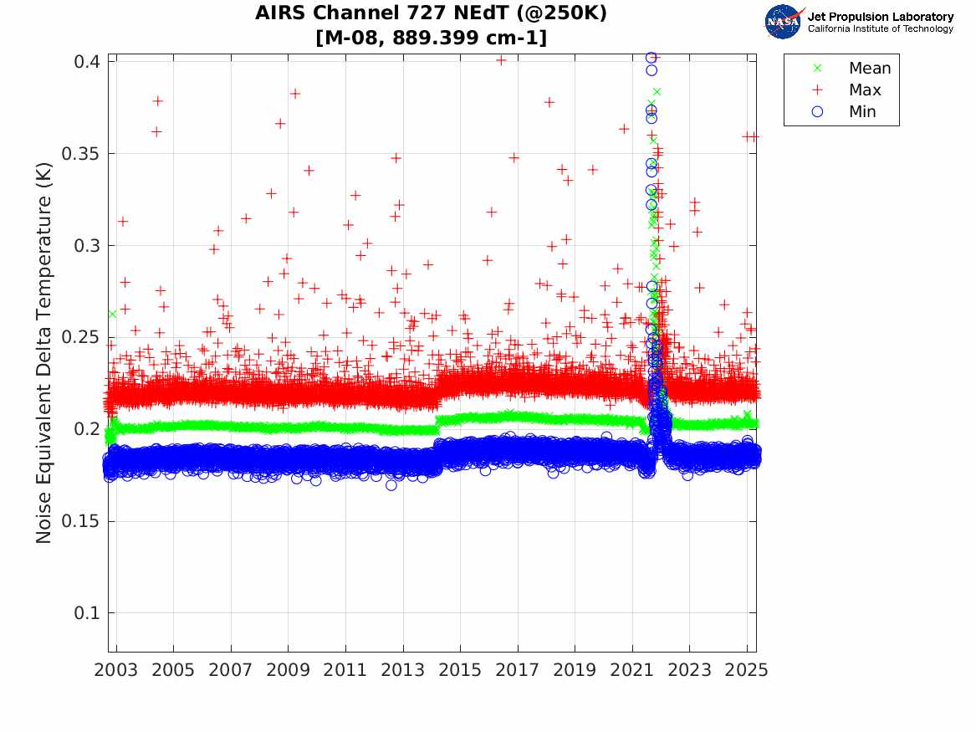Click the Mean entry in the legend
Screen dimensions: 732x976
(x=869, y=69)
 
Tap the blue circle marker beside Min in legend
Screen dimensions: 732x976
(x=818, y=112)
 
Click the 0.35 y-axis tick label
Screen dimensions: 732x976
(x=79, y=154)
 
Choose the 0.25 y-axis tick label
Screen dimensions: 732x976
(x=79, y=338)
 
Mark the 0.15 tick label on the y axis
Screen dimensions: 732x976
(x=79, y=522)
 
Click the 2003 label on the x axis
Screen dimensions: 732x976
(x=116, y=671)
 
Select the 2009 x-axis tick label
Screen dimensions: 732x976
(x=289, y=671)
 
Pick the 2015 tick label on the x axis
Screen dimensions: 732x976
(x=460, y=671)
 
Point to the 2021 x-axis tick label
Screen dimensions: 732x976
(x=632, y=671)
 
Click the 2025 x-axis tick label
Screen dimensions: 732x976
(x=747, y=671)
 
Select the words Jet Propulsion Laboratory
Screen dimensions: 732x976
(x=880, y=17)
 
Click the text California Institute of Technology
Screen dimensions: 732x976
(x=880, y=29)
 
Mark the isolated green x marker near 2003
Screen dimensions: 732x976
(x=112, y=314)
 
